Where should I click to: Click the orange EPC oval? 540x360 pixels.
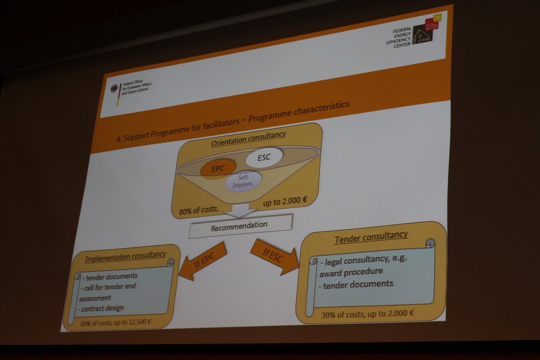(218, 169)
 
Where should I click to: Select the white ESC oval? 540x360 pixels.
(265, 157)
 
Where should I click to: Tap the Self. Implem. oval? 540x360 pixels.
(244, 181)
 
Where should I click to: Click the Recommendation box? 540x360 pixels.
(240, 225)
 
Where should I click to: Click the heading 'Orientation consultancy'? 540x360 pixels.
(249, 137)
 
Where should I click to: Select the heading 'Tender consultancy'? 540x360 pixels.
(371, 237)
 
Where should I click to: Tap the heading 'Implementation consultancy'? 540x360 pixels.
(125, 256)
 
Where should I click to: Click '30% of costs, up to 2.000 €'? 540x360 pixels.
(368, 314)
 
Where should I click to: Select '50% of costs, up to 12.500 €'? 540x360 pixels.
(116, 322)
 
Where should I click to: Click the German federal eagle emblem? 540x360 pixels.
(114, 89)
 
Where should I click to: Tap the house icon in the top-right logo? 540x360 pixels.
(421, 36)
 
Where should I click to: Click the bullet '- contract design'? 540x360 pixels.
(102, 309)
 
